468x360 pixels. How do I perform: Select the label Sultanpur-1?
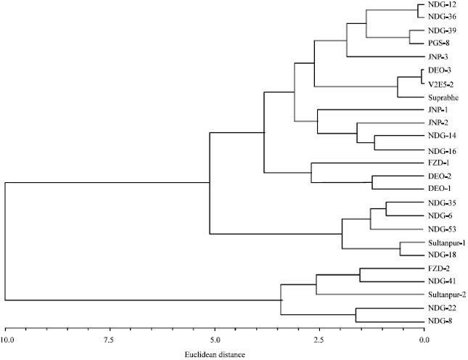[x=448, y=242]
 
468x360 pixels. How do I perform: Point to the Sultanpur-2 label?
[x=448, y=295]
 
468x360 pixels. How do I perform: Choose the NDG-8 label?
[x=441, y=321]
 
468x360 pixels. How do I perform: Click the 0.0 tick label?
[x=424, y=338]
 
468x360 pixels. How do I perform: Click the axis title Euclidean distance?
[x=215, y=353]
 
